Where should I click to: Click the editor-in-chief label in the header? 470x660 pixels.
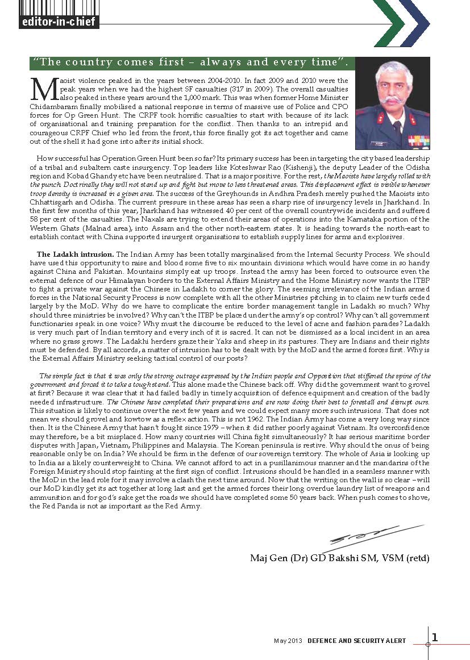[59, 23]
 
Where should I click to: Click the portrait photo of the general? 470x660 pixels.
[392, 102]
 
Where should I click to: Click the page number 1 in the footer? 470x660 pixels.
[435, 637]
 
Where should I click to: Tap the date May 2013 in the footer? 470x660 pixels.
[288, 641]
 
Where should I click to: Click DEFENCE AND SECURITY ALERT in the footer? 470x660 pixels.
[357, 641]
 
